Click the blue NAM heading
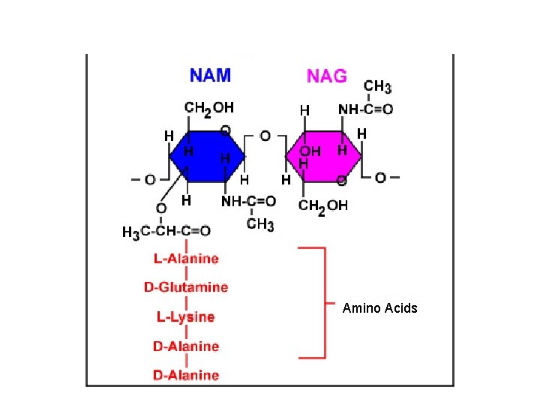[210, 75]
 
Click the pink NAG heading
[326, 76]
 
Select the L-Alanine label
[186, 259]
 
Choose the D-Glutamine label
[186, 287]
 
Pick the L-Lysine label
[186, 317]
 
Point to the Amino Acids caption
[379, 308]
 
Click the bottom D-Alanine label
[186, 374]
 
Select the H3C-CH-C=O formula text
[166, 232]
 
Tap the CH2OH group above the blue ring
[208, 109]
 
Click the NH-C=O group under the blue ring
[249, 202]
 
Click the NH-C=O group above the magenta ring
[365, 109]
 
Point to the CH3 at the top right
[377, 88]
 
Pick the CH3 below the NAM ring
[260, 223]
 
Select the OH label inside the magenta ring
[310, 151]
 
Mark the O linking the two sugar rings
[265, 136]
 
